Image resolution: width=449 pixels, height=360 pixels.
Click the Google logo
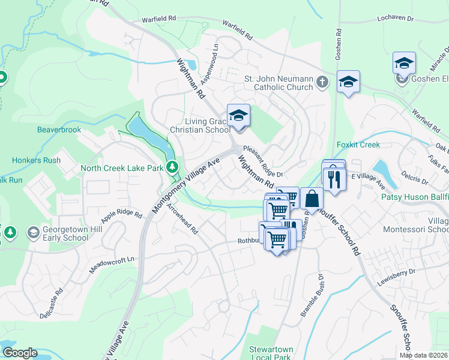point(19,353)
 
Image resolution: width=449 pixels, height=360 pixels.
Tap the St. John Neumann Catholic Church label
point(279,83)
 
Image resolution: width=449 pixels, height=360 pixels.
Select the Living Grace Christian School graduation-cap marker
point(238,115)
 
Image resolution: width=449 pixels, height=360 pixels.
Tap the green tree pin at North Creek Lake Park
point(173,166)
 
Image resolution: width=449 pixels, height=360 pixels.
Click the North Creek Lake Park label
point(122,169)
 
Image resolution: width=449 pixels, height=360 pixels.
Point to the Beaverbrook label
point(59,130)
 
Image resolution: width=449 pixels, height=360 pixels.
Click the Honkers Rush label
point(36,160)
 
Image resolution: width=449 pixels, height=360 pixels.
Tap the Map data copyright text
point(424,355)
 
